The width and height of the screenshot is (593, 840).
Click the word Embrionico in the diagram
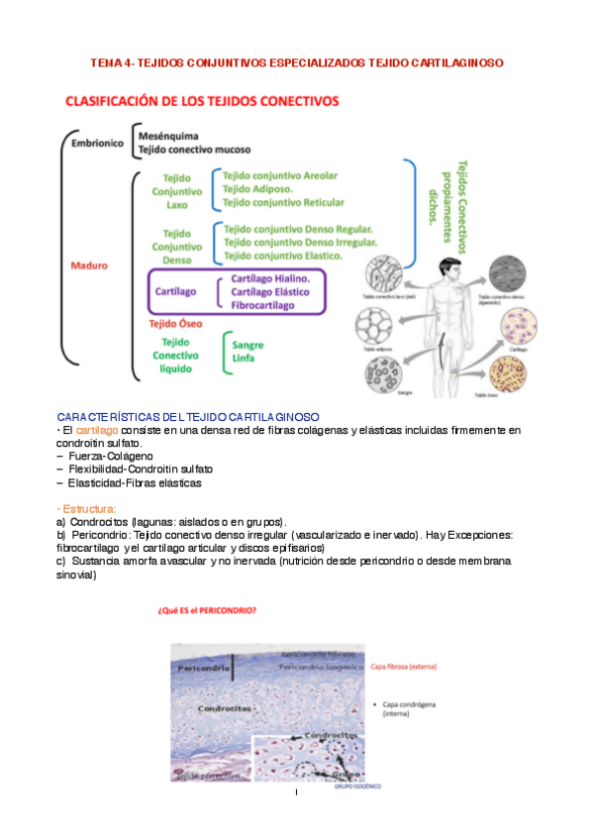point(98,143)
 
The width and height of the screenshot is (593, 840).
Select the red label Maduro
point(89,265)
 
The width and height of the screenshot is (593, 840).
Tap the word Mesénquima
point(169,136)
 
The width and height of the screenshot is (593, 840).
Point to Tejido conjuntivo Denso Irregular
point(300,242)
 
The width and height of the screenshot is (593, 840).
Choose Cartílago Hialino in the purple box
point(270,279)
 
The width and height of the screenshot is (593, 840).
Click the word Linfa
point(243,360)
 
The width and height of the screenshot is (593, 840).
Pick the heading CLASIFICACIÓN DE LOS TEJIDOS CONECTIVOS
point(202,101)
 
